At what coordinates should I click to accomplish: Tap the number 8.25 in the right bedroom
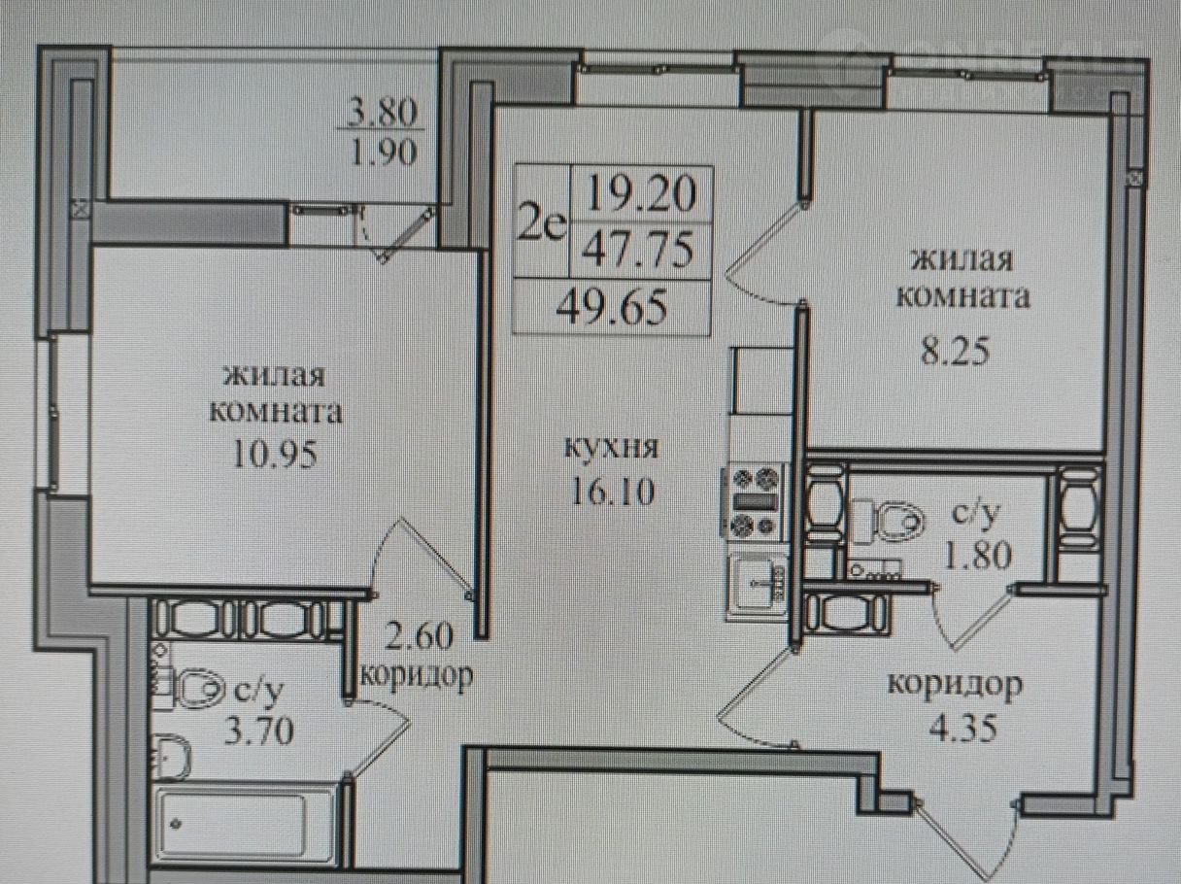955,353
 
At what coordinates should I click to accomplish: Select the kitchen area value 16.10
612,492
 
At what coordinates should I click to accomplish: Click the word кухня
611,447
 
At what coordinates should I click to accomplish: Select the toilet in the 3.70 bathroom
192,688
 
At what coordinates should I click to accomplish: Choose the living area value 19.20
642,193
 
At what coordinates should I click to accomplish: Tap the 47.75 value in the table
639,251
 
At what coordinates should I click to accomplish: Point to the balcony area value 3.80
382,114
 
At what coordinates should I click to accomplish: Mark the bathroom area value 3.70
258,731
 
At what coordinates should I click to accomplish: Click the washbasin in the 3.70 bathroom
173,756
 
